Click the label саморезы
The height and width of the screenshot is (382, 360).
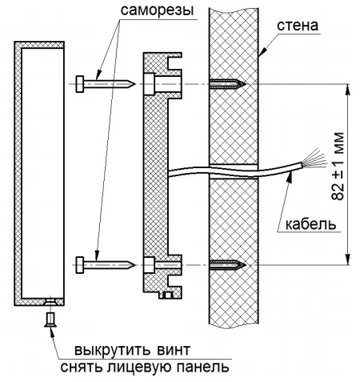[157, 10]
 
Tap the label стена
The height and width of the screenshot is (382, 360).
[298, 26]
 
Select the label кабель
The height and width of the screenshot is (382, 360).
[310, 224]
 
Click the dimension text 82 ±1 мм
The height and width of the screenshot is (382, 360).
[338, 166]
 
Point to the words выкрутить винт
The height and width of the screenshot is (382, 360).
[132, 350]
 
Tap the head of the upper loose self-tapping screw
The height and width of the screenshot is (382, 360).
[80, 84]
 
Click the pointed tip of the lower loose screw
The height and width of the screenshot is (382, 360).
[135, 265]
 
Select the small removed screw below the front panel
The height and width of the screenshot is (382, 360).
[50, 320]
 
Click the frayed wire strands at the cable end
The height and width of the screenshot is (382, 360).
[315, 159]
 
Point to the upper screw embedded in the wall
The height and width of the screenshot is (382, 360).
[227, 84]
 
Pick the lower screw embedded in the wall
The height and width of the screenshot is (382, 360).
[227, 265]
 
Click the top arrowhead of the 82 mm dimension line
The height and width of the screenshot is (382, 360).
[347, 90]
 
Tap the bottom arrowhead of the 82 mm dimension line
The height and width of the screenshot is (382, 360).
[347, 259]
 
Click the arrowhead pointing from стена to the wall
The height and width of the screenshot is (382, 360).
[263, 52]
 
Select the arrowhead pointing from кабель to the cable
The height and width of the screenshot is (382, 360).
[290, 177]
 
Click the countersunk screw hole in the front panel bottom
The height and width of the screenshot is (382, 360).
[50, 302]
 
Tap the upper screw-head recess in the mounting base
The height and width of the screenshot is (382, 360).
[149, 84]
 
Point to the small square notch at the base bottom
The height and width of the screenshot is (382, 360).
[168, 296]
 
